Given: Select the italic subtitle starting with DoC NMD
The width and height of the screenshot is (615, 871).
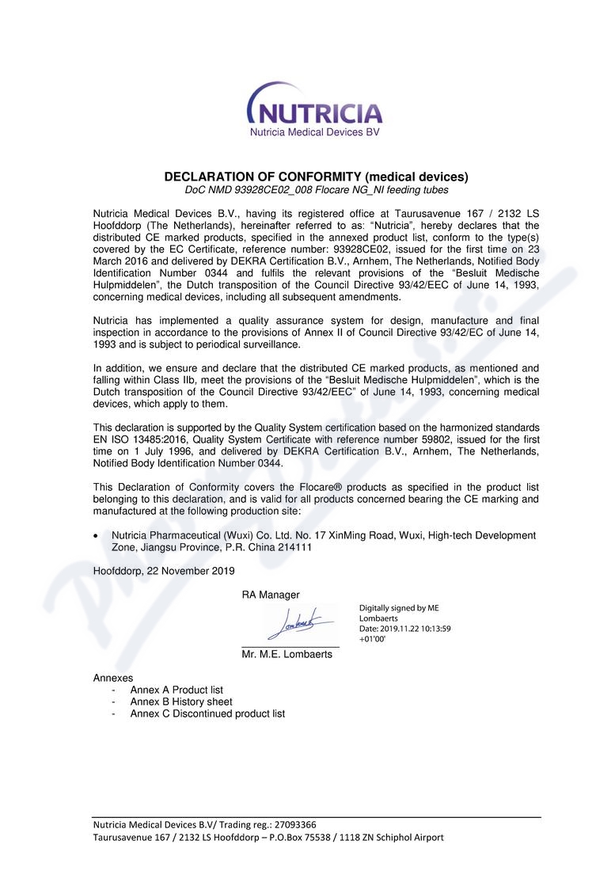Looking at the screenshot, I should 316,190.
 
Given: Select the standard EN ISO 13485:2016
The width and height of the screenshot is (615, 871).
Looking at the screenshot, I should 138,439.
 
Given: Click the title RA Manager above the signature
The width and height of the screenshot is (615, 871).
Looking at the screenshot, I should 271,595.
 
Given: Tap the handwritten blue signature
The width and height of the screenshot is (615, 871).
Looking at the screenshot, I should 294,624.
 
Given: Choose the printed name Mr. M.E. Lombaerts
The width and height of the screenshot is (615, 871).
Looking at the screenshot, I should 287,655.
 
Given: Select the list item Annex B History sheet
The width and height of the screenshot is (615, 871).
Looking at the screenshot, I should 181,702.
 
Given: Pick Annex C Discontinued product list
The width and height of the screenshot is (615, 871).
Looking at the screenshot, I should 207,713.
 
